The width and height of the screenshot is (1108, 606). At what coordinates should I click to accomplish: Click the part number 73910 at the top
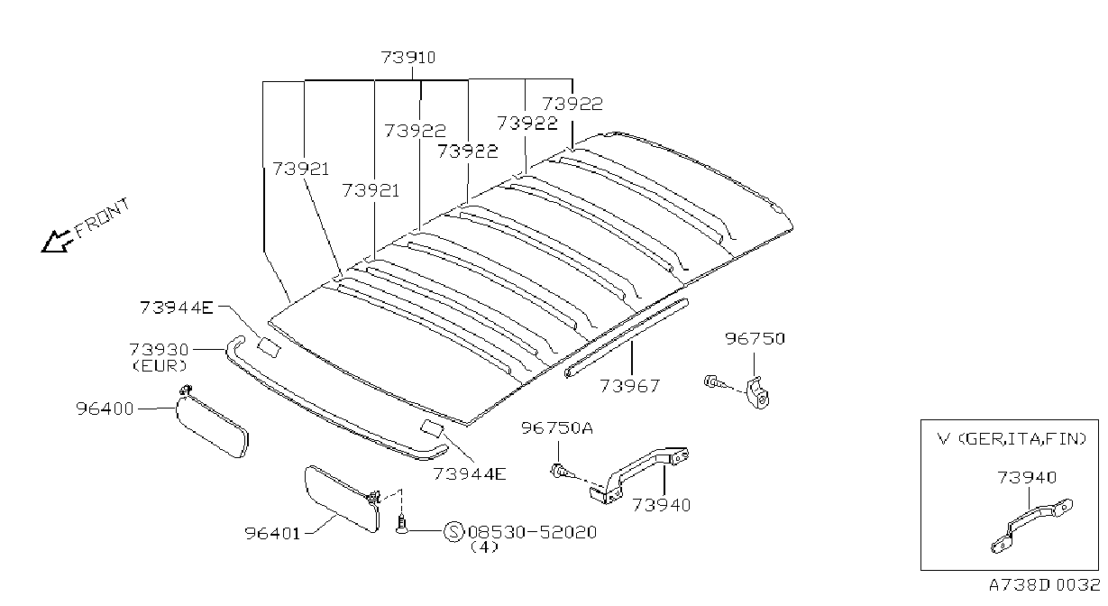click(x=408, y=58)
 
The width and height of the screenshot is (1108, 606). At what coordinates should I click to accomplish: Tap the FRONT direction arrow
click(x=56, y=242)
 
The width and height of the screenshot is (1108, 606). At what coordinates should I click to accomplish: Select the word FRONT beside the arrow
click(x=103, y=217)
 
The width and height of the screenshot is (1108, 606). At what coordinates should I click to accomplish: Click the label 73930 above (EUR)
click(x=159, y=350)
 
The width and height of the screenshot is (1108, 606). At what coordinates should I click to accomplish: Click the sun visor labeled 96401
click(x=343, y=498)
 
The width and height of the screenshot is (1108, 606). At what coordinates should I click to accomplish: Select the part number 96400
click(x=105, y=409)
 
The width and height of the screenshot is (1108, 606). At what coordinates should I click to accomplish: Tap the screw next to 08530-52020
click(x=401, y=524)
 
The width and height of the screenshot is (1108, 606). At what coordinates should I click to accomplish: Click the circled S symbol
click(x=453, y=532)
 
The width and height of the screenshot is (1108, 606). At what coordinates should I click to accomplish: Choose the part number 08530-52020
click(x=532, y=532)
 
